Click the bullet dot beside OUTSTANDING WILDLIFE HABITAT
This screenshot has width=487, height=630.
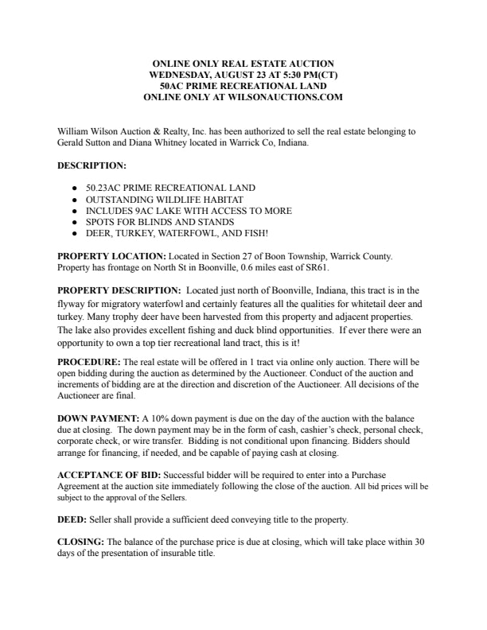pos(74,200)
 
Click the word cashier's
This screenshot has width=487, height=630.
pos(294,430)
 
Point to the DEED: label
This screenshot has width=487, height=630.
pos(72,520)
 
